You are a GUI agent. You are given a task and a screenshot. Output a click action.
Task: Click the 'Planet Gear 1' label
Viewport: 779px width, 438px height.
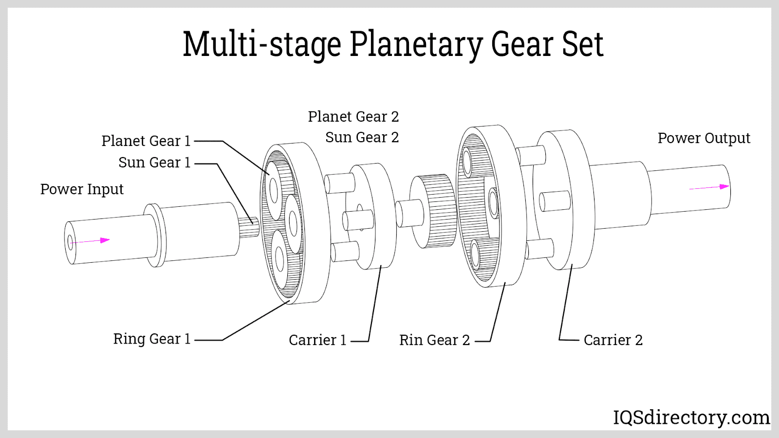click(x=146, y=141)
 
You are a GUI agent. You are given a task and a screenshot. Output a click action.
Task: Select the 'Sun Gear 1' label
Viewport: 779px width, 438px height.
click(x=154, y=163)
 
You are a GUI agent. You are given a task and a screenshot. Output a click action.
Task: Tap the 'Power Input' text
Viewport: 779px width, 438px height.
click(x=82, y=189)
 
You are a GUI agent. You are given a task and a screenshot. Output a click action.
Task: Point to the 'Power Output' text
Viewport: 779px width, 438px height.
click(x=704, y=138)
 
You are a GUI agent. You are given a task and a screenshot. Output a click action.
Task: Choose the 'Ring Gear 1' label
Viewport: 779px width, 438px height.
click(x=152, y=339)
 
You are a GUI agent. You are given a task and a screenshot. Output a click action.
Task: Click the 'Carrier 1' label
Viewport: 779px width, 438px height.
click(x=317, y=340)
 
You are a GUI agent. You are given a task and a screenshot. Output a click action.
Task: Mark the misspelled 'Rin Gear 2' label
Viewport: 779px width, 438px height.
click(x=434, y=340)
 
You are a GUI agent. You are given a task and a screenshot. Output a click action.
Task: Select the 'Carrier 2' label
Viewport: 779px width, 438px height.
click(x=613, y=340)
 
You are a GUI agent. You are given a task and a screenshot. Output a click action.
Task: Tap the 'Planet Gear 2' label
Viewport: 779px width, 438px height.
click(x=353, y=117)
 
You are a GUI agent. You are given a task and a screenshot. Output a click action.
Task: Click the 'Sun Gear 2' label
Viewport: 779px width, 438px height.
click(x=362, y=138)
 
